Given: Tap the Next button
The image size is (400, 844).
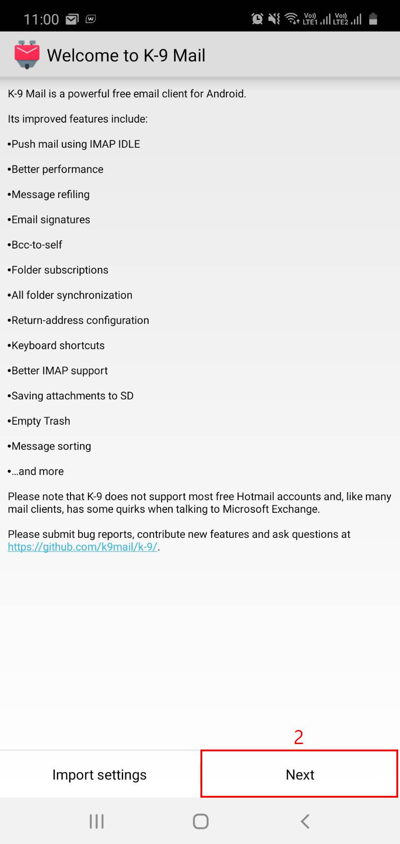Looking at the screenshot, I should point(300,774).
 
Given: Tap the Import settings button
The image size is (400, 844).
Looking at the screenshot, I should point(100,774).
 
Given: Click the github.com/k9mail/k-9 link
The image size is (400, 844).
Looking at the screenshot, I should point(83,547).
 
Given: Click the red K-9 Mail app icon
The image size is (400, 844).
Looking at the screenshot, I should point(27,55).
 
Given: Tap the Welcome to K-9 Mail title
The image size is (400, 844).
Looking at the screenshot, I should point(126,55).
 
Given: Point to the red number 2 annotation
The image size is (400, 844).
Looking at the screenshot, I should point(299,737).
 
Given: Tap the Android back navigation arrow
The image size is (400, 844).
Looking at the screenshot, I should point(305,821).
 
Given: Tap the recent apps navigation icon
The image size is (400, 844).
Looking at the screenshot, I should point(96,821).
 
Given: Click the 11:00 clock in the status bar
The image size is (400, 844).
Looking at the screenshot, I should point(41,19).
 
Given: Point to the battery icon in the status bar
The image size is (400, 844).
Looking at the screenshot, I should point(373,19).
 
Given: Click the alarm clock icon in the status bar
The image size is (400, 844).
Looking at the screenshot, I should point(257,19).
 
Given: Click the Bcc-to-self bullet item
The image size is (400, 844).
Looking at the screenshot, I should point(35,245).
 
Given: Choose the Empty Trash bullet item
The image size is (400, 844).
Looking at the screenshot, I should point(39,421).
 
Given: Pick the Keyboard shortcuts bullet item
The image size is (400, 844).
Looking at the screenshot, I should point(56,346).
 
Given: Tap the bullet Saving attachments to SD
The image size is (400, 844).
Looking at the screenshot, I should point(70,396).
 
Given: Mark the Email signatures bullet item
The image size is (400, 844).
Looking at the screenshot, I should point(49,220).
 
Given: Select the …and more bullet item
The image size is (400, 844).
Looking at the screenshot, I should point(36,472).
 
